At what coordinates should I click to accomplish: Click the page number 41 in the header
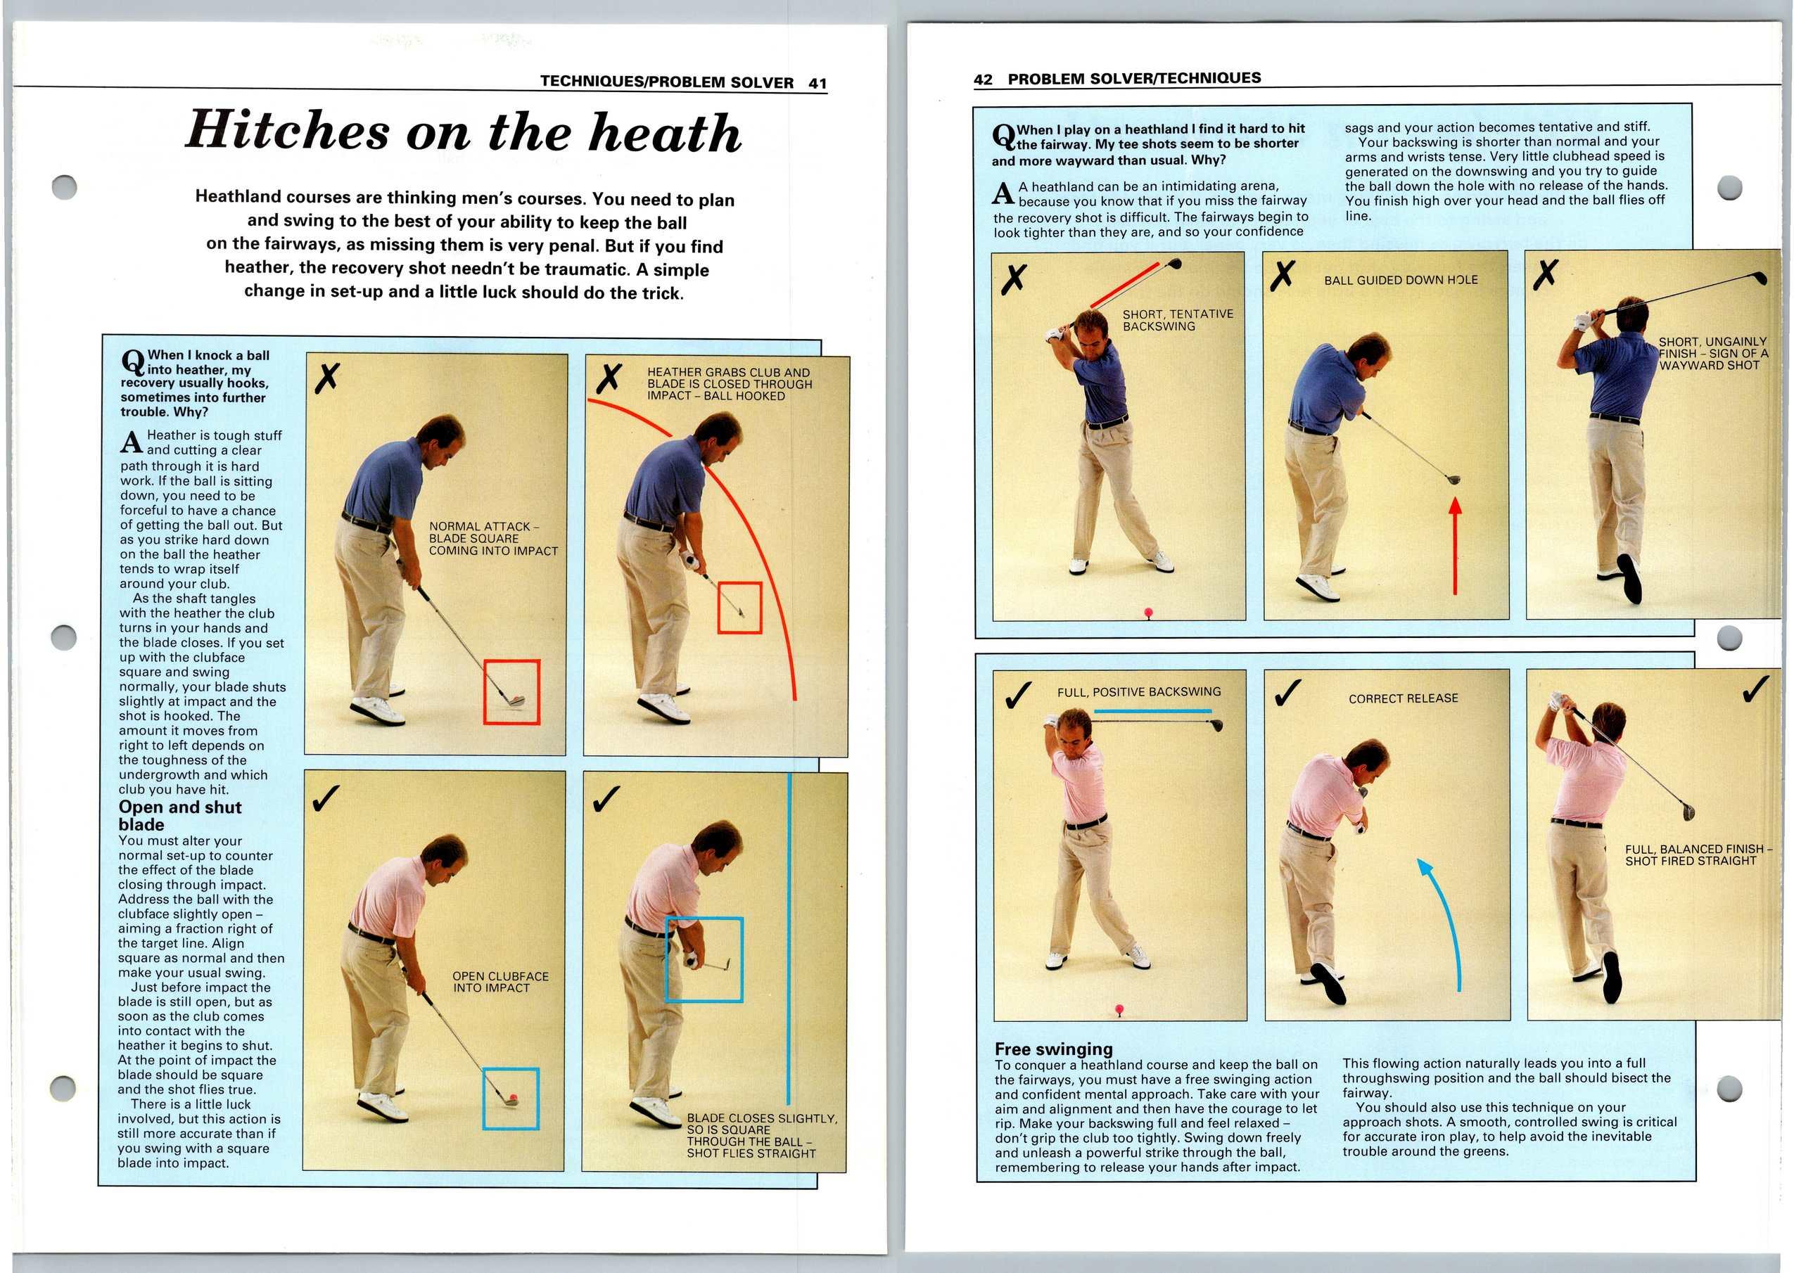(818, 83)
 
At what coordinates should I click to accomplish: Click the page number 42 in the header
(982, 79)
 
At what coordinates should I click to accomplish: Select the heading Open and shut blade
(179, 815)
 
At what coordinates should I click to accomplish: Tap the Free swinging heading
(1053, 1049)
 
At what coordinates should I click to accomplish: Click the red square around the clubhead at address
(511, 691)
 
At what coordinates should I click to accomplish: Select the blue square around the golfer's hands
(704, 959)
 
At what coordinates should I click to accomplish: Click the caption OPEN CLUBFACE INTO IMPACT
(500, 981)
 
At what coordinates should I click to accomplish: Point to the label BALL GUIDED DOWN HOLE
(1401, 280)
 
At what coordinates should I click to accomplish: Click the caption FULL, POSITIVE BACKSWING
(1138, 692)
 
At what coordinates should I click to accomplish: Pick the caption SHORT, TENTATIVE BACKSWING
(1177, 320)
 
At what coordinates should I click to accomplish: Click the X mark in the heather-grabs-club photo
(609, 378)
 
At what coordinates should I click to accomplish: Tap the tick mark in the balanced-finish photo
(1754, 689)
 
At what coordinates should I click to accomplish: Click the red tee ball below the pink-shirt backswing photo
(1119, 1010)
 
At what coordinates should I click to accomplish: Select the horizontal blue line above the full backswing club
(1152, 711)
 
